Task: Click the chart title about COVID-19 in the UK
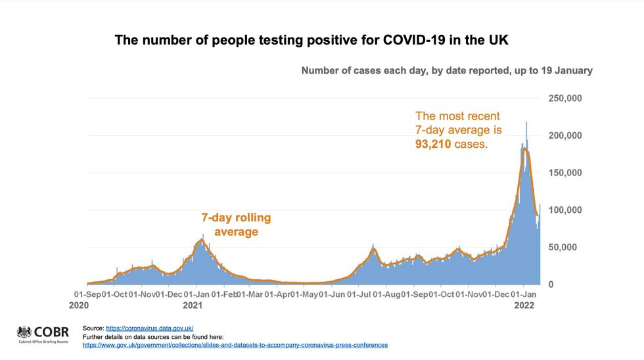[x=311, y=40]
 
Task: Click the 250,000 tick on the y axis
[x=564, y=99]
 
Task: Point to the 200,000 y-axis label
[x=564, y=135]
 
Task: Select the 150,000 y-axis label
[x=564, y=173]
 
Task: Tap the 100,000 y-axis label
[x=564, y=210]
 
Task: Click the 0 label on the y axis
[x=551, y=284]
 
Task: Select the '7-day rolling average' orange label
[x=236, y=224]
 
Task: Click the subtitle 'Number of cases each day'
[x=447, y=70]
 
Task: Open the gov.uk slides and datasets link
[x=235, y=345]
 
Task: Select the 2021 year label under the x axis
[x=193, y=305]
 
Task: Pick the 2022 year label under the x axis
[x=524, y=305]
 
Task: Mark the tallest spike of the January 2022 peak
[x=526, y=123]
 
